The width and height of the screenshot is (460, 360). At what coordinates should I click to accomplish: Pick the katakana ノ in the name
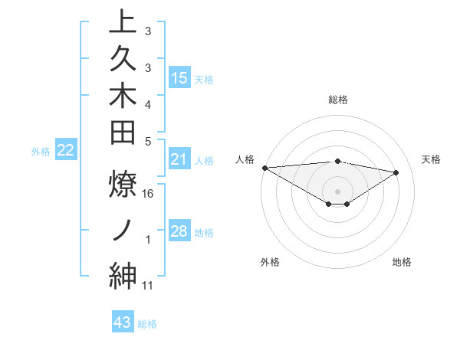tap(123, 229)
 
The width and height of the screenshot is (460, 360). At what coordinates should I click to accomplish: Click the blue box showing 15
tap(179, 77)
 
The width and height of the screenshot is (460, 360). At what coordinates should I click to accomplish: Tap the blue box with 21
tap(179, 159)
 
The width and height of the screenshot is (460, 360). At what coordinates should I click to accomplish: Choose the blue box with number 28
tap(179, 231)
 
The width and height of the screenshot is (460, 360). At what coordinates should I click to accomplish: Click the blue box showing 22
tap(66, 151)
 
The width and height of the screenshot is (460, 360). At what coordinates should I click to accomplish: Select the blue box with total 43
tap(123, 322)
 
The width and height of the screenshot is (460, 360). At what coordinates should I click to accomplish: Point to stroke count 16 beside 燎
tap(149, 194)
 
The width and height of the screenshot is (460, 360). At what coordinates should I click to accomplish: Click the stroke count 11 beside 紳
tap(149, 286)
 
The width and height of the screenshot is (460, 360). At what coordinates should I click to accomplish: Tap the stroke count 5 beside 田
tap(148, 140)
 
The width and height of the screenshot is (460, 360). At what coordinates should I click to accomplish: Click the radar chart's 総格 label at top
tap(338, 100)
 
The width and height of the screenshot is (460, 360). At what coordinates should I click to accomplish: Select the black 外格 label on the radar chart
tap(270, 262)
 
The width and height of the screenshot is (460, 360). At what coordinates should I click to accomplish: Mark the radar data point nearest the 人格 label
tap(264, 167)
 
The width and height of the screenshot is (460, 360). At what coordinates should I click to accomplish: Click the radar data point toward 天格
tap(396, 172)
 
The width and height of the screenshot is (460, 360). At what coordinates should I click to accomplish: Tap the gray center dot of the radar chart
tap(338, 191)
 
